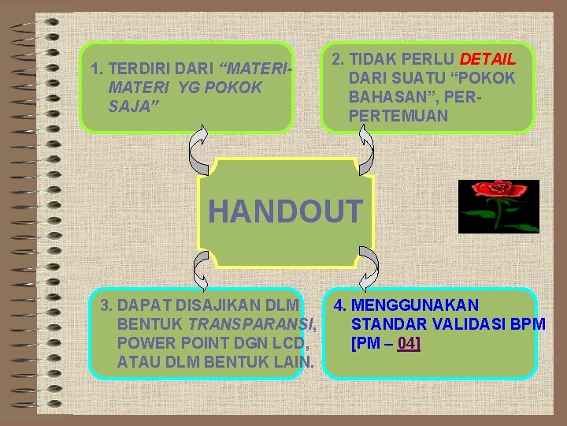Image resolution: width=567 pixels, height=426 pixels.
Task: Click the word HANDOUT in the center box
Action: (285, 211)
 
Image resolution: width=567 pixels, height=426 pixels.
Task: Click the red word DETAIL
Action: (487, 59)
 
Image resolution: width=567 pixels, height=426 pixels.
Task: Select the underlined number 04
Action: (408, 343)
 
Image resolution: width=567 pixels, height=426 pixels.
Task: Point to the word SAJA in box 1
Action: (131, 106)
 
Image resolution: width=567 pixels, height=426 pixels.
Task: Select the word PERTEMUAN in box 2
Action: (398, 116)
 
